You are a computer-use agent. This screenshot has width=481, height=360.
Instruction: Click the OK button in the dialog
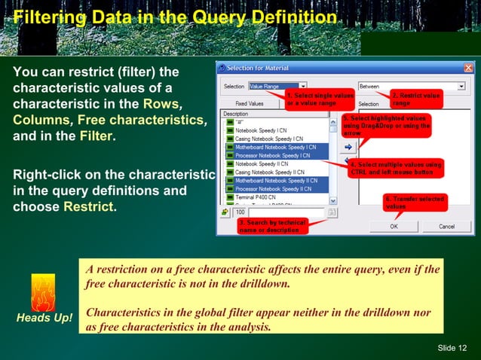point(394,226)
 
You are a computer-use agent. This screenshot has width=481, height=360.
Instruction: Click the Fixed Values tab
point(249,104)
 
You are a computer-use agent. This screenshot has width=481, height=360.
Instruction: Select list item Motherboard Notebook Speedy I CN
point(276,148)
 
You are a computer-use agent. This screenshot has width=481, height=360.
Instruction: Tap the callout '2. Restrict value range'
point(415,99)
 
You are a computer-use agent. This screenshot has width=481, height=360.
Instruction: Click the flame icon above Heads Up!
point(42,291)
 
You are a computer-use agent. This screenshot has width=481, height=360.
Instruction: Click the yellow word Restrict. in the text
point(90,206)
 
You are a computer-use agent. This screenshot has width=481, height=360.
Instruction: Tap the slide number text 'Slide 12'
point(452,347)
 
